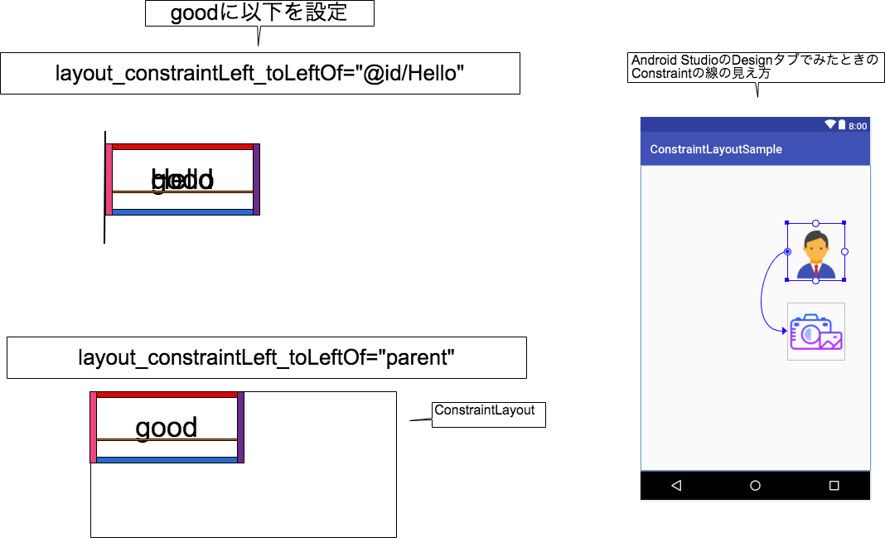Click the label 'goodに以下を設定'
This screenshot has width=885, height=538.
pyautogui.click(x=259, y=13)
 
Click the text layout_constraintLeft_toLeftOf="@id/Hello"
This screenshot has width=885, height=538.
pyautogui.click(x=259, y=74)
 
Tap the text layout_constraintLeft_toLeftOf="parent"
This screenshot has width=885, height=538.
pyautogui.click(x=266, y=358)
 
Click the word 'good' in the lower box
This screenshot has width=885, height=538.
pyautogui.click(x=167, y=428)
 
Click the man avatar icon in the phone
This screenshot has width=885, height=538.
pyautogui.click(x=816, y=254)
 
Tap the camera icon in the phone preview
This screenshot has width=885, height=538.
pyautogui.click(x=816, y=332)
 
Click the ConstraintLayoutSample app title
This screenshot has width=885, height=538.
pyautogui.click(x=716, y=149)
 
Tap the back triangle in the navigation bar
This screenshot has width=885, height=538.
pyautogui.click(x=676, y=486)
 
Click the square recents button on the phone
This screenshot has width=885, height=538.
pyautogui.click(x=834, y=486)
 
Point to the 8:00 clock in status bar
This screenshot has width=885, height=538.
pyautogui.click(x=858, y=126)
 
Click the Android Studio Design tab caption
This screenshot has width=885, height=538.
pyautogui.click(x=754, y=67)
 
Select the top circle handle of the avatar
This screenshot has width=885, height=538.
pyautogui.click(x=815, y=223)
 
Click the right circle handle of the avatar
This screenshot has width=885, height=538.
pyautogui.click(x=844, y=251)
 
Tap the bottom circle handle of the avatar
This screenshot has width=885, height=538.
pyautogui.click(x=815, y=281)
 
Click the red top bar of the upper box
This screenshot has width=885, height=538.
pyautogui.click(x=182, y=147)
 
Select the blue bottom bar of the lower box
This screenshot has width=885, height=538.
pyautogui.click(x=167, y=459)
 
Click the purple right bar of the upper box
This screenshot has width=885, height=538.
pyautogui.click(x=256, y=179)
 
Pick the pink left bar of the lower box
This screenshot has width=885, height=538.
pyautogui.click(x=94, y=427)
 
